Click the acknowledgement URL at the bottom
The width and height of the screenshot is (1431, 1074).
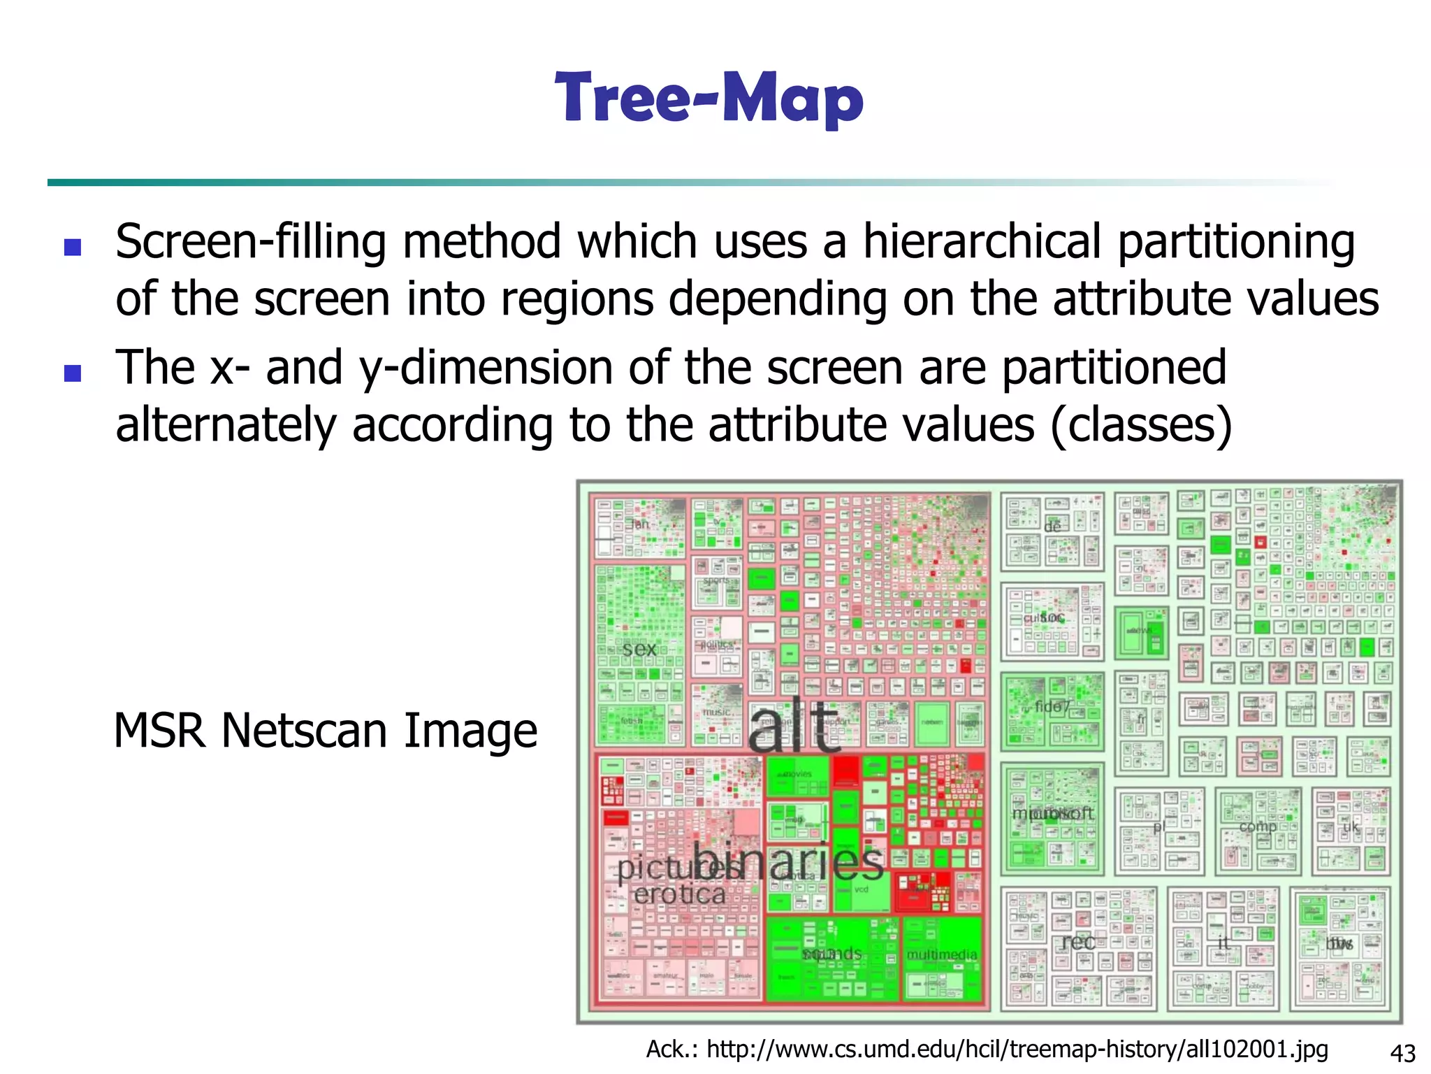pos(987,1049)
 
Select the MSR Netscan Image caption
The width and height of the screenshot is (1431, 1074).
pos(326,731)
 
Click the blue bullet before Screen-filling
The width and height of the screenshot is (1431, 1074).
pos(73,247)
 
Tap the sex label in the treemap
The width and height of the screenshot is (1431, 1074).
pos(639,649)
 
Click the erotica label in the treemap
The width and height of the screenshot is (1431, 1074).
pos(679,894)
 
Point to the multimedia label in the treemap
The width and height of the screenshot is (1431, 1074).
pos(941,954)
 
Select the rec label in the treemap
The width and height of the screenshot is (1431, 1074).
pos(1078,942)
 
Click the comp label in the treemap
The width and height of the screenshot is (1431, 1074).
pos(1258,826)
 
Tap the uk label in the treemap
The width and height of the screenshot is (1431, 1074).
pos(1351,827)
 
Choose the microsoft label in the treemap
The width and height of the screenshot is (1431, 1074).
pos(1052,813)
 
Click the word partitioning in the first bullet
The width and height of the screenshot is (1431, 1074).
pos(1235,241)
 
